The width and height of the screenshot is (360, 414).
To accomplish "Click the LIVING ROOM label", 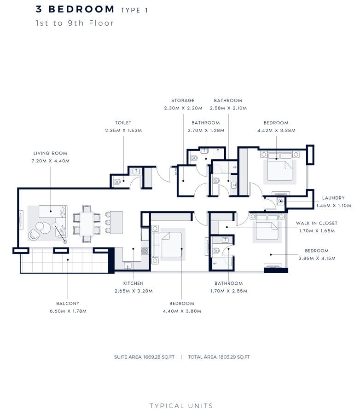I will click(50, 153).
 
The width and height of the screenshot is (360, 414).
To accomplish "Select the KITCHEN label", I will click(133, 283).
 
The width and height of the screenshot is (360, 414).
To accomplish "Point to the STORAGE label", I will click(183, 100).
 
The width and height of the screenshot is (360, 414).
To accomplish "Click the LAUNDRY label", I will click(333, 198).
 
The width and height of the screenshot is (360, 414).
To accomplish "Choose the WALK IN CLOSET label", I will click(316, 223).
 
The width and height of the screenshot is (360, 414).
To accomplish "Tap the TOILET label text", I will click(123, 123).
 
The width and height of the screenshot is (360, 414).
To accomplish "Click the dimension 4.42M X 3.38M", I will click(276, 131).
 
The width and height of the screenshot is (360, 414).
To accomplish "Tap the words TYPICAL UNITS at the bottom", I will click(181, 406).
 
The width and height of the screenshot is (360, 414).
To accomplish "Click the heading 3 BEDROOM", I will click(75, 9).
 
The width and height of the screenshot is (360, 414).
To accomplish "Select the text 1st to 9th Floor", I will click(75, 23).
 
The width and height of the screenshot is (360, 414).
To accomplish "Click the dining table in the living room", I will click(87, 223).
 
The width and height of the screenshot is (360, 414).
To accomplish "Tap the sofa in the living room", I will click(50, 212).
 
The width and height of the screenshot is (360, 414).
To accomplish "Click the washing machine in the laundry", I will click(280, 202).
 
